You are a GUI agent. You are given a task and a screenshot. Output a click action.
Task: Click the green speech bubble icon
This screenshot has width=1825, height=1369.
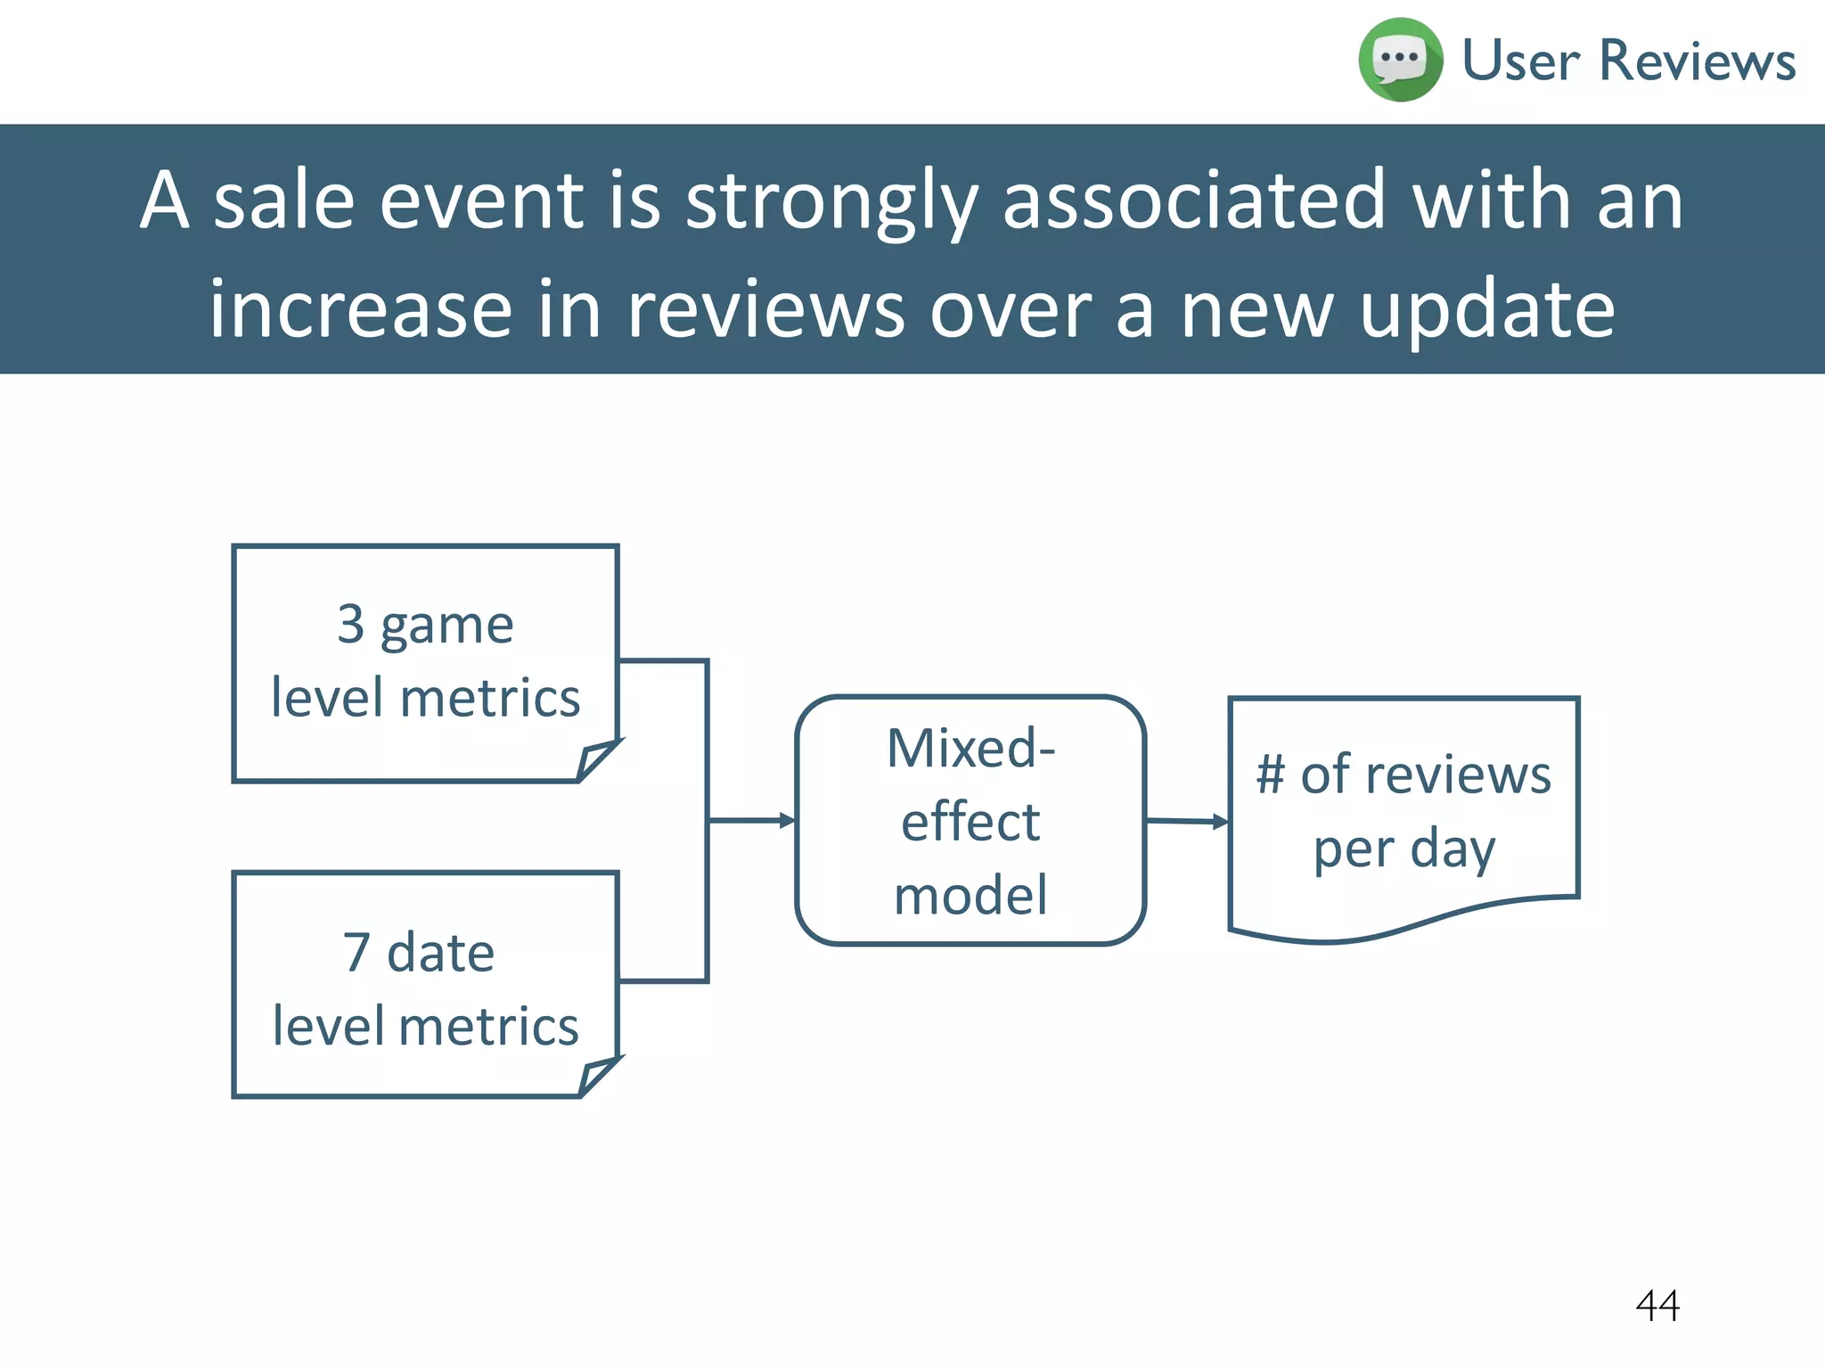coord(1400,60)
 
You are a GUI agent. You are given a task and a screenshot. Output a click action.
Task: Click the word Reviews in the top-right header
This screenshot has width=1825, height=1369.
coord(1698,61)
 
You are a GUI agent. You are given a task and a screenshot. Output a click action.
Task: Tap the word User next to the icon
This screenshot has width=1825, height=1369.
coord(1521,61)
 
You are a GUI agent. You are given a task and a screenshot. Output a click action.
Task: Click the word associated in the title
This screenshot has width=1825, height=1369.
coord(1194,200)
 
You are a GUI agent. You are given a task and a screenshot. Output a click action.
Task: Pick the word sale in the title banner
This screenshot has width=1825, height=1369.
coord(284,201)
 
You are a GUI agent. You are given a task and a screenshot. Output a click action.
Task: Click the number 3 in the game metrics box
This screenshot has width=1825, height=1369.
coord(351,624)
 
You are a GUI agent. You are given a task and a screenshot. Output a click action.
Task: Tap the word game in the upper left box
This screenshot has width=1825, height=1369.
coord(446,627)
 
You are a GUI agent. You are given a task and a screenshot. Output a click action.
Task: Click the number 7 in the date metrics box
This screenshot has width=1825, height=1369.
coord(356,952)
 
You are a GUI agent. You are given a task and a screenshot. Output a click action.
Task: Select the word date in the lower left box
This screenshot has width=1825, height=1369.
coord(440,952)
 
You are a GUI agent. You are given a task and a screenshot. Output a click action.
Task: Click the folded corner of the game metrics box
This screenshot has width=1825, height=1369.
coord(596,760)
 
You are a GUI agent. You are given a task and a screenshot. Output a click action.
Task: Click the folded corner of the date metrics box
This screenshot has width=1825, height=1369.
coord(598,1076)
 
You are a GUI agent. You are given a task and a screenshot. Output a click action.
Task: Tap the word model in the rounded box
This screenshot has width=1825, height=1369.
coord(970,895)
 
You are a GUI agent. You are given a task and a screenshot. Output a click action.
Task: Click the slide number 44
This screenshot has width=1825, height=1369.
coord(1657,1306)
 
